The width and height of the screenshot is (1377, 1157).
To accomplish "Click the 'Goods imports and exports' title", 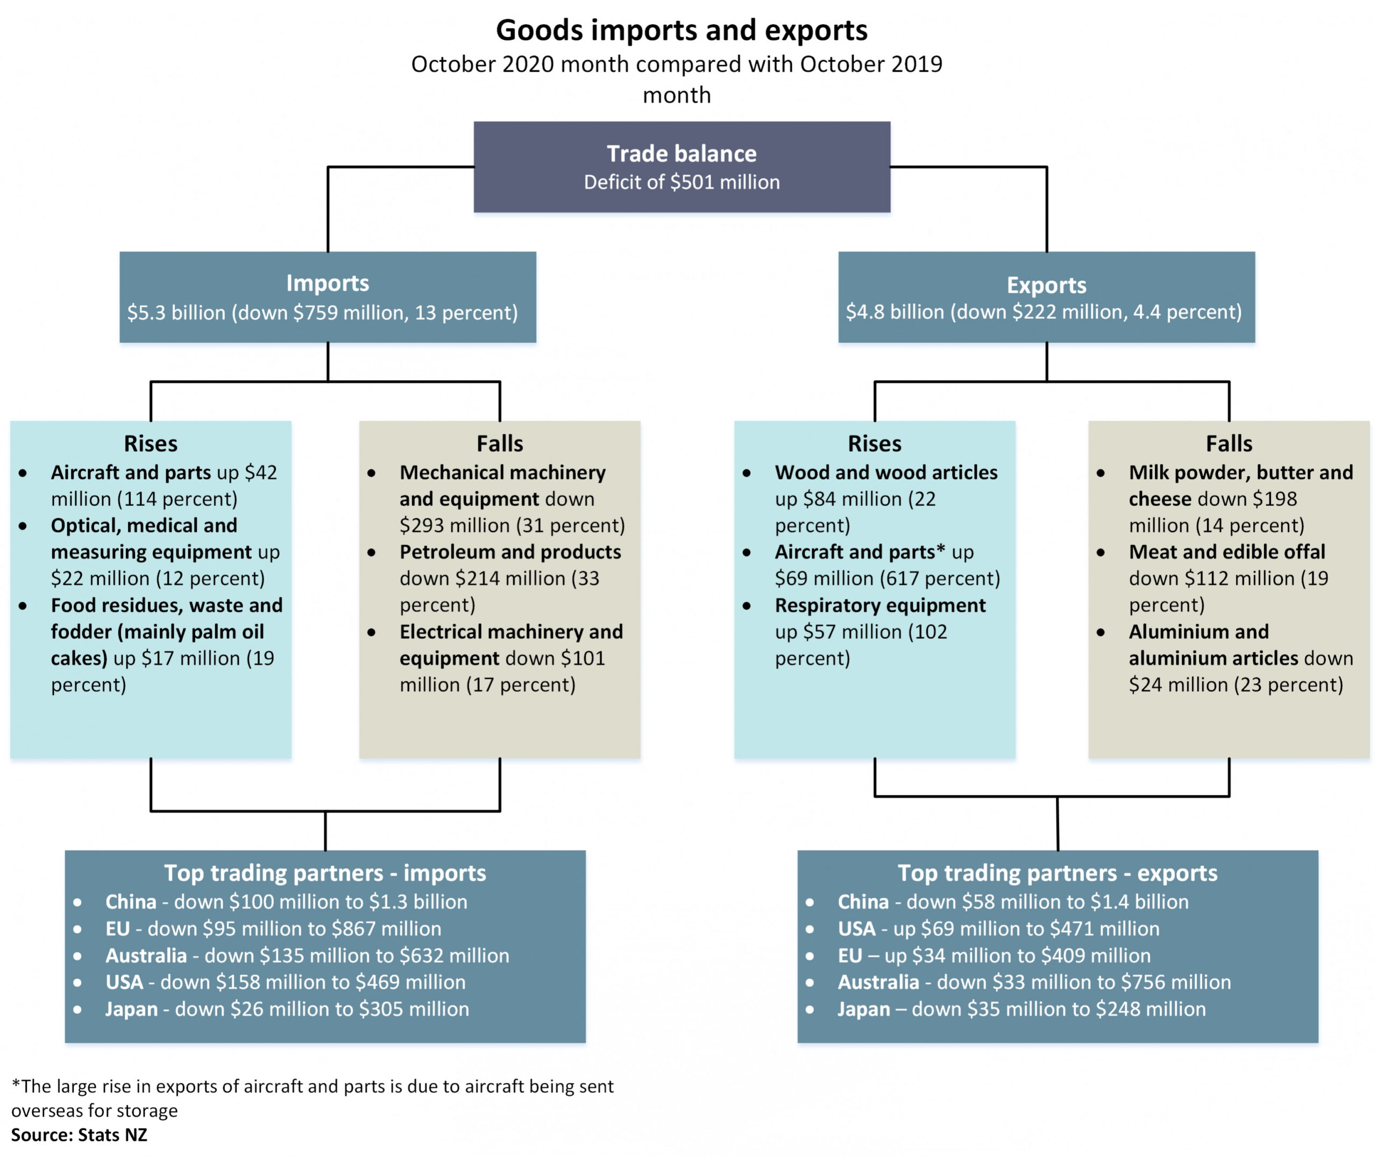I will tap(682, 30).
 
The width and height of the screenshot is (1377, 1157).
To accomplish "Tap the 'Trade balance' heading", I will tap(682, 153).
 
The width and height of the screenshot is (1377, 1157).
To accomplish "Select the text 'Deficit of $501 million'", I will tap(682, 182).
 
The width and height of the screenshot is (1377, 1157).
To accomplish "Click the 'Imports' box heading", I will tap(327, 284).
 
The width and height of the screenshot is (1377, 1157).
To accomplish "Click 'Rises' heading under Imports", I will tap(151, 444).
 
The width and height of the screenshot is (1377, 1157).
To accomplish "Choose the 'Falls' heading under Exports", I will tap(1229, 444).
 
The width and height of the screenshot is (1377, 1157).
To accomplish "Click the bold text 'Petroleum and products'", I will tap(510, 552).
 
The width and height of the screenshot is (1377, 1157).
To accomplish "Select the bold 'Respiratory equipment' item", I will tap(880, 605).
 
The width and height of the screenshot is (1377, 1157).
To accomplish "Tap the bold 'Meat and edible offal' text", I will tap(1227, 552).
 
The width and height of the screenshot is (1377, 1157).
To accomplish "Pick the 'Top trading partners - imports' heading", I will tap(324, 873).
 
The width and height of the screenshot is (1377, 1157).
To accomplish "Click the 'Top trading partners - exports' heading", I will tap(1057, 873).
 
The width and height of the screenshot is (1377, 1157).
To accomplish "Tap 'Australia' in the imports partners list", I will tap(146, 956).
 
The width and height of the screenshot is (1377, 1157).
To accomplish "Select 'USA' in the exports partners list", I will tap(856, 929).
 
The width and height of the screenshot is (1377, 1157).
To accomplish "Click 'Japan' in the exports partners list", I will tap(863, 1009).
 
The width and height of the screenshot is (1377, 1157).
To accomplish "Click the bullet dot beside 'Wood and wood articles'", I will tap(747, 473).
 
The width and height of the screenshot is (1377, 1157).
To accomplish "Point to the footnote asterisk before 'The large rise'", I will tap(16, 1085).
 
